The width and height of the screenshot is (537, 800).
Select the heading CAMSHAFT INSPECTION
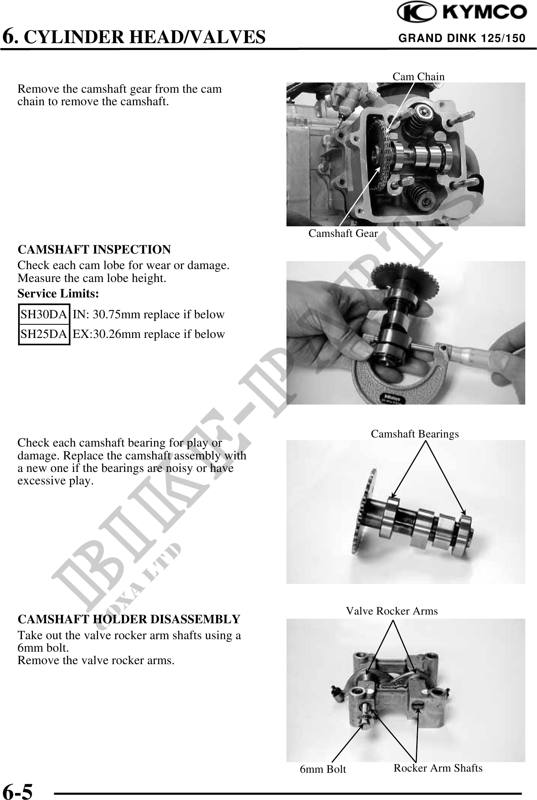pos(94,250)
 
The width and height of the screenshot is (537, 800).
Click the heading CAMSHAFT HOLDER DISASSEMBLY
pos(129,619)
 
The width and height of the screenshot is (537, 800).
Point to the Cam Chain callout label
pos(419,76)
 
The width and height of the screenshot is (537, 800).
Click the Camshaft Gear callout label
pos(343,233)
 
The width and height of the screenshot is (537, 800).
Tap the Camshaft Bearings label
pos(415,434)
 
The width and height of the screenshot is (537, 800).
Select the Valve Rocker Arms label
pos(392,611)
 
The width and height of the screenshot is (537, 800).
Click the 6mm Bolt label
pos(323,769)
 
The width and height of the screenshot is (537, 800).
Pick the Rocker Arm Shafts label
pos(438,768)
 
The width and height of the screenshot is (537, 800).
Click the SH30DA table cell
pos(44,314)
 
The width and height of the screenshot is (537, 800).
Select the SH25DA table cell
pos(44,335)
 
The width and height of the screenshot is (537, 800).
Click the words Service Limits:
pos(58,293)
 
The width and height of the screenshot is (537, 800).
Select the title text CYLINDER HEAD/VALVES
pos(147,37)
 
